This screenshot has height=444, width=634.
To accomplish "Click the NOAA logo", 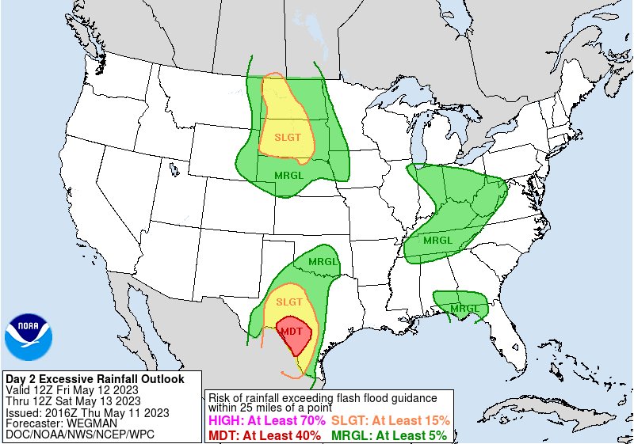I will [29, 338].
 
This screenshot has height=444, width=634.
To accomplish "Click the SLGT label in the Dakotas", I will [288, 136].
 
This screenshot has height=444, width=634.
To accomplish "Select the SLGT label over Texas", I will [289, 302].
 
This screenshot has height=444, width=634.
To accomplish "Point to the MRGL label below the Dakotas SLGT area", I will [288, 175].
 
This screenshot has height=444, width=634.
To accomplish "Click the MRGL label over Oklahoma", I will [323, 261].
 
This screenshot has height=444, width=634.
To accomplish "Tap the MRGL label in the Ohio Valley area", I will [438, 240].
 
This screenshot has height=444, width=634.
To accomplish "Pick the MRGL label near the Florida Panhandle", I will [464, 308].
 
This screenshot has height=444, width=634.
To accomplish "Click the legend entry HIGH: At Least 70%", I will [264, 420].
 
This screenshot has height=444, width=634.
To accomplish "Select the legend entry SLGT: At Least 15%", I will [391, 420].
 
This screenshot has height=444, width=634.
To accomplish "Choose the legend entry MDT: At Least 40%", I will [264, 435].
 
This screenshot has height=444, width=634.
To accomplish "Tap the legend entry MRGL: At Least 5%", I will [388, 435].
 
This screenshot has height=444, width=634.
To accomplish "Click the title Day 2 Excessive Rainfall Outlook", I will [94, 379].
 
